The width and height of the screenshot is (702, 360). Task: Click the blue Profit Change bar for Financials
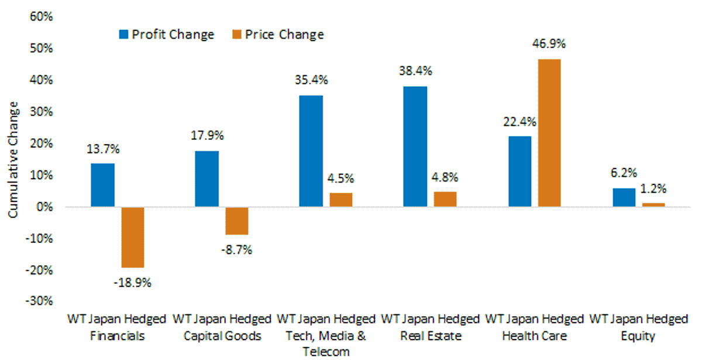pyautogui.click(x=103, y=185)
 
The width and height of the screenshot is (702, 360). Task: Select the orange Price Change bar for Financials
pyautogui.click(x=133, y=238)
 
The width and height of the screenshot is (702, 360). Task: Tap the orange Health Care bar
pyautogui.click(x=549, y=133)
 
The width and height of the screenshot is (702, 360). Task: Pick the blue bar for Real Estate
pyautogui.click(x=415, y=146)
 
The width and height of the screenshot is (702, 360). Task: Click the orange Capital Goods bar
pyautogui.click(x=237, y=221)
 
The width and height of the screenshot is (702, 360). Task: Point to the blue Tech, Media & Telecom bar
pyautogui.click(x=311, y=151)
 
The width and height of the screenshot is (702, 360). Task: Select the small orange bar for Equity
pyautogui.click(x=653, y=205)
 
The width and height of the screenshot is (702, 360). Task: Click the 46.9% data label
pyautogui.click(x=549, y=44)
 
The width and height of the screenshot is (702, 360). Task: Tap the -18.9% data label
pyautogui.click(x=133, y=283)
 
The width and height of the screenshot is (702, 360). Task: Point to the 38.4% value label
pyautogui.click(x=415, y=71)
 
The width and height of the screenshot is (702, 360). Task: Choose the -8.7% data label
pyautogui.click(x=236, y=251)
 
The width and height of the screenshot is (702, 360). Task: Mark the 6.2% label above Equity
pyautogui.click(x=624, y=173)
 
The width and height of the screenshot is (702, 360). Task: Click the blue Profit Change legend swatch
pyautogui.click(x=124, y=35)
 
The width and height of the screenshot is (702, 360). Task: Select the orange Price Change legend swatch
pyautogui.click(x=237, y=35)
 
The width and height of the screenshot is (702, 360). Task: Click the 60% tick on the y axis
pyautogui.click(x=42, y=16)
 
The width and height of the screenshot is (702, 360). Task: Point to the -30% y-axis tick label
pyautogui.click(x=39, y=301)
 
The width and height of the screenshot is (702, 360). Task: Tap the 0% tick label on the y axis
pyautogui.click(x=44, y=207)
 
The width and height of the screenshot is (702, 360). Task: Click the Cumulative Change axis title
pyautogui.click(x=13, y=160)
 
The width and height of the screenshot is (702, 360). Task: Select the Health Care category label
pyautogui.click(x=535, y=336)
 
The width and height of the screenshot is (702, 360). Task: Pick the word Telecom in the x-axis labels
pyautogui.click(x=326, y=352)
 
